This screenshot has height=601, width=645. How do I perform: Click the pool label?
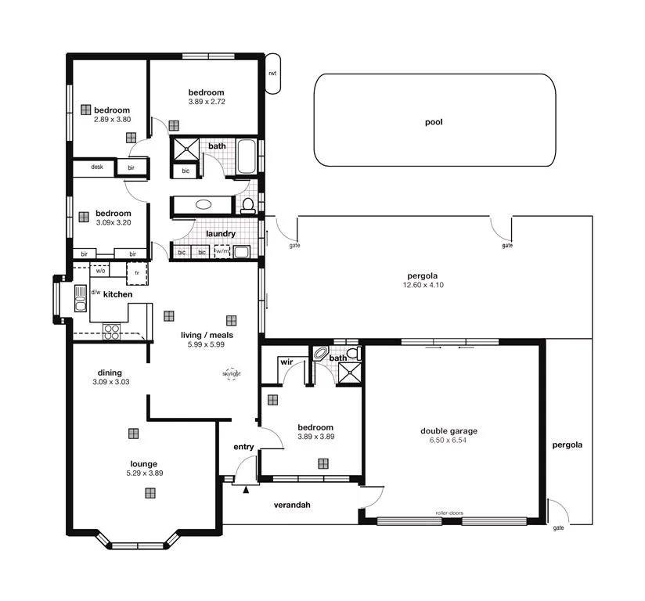[x=434, y=122]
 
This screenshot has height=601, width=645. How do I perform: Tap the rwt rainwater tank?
[x=272, y=74]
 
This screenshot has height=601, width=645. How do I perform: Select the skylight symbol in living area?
[x=232, y=374]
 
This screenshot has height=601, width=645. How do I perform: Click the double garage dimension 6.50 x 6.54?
[x=449, y=441]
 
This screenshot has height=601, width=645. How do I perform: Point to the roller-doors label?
[x=449, y=513]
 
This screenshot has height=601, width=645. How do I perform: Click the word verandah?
[x=292, y=505]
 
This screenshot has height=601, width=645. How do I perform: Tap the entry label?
[x=243, y=447]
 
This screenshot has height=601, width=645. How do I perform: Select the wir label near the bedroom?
[x=286, y=363]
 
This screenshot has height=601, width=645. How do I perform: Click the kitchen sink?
[x=80, y=298]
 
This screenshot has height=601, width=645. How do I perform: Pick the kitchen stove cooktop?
[x=112, y=330]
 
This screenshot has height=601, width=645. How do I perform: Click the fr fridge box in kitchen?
[x=138, y=273]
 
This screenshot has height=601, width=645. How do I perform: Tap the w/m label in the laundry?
[x=222, y=252]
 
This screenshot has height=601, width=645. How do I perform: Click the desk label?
[x=97, y=167]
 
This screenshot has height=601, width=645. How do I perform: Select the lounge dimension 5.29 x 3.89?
[x=144, y=473]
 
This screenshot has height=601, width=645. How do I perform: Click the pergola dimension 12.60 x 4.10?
[x=422, y=285]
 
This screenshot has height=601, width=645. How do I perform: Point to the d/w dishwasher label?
[x=95, y=293]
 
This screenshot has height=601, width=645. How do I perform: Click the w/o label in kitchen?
[x=101, y=271]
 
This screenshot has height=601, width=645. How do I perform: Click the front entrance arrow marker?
[x=246, y=490]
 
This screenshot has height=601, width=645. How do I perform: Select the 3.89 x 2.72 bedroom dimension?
[x=207, y=102]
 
